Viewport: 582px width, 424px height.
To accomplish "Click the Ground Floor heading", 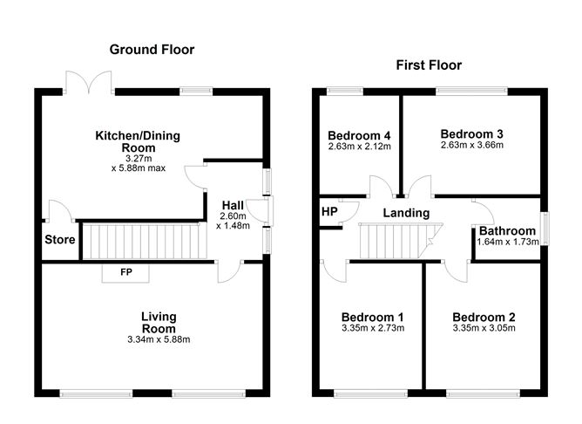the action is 152,50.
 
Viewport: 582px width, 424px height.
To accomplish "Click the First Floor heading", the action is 429,65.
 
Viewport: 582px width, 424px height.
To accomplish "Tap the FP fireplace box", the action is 125,273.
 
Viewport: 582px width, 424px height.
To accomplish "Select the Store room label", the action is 60,240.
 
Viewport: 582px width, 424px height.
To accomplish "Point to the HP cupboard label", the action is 329,211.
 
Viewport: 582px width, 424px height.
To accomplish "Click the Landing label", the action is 406,213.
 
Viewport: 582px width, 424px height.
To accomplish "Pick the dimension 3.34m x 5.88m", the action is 159,339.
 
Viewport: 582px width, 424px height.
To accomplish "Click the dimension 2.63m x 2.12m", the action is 359,147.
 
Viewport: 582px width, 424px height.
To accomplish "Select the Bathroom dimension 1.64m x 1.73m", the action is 508,242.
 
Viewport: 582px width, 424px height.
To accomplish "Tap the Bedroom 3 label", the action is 471,133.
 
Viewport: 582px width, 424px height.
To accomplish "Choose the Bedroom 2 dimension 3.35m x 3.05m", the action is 484,328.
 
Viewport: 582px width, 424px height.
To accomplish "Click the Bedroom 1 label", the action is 373,317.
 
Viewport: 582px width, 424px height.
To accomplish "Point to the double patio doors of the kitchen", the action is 89,83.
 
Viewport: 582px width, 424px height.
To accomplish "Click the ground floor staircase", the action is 145,241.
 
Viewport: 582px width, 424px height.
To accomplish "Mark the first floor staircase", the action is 401,241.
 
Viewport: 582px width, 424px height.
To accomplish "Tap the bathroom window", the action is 545,229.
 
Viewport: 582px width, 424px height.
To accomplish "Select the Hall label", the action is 233,205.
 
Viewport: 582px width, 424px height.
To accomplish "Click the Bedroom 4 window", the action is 345,92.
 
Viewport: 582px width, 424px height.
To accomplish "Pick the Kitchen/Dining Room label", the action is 138,141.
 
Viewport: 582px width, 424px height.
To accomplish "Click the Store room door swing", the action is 60,211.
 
